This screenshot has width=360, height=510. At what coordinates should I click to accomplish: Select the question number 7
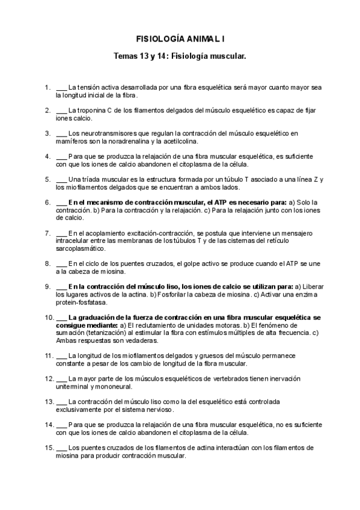47,233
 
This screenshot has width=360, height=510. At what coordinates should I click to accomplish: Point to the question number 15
49,447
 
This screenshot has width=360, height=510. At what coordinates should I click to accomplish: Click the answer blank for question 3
61,133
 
